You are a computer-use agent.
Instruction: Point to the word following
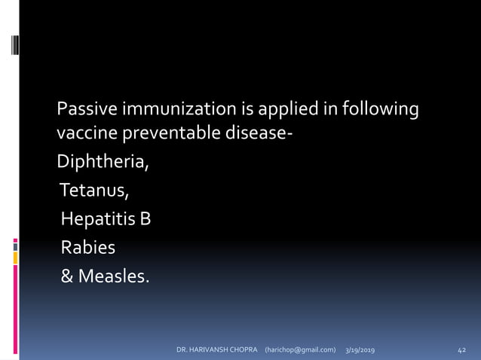pyautogui.click(x=381, y=111)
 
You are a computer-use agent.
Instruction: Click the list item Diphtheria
pyautogui.click(x=103, y=162)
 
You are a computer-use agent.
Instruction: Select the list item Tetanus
pyautogui.click(x=95, y=191)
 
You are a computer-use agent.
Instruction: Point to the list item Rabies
pyautogui.click(x=89, y=248)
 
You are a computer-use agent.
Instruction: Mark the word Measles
pyautogui.click(x=114, y=276)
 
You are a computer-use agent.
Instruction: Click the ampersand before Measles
pyautogui.click(x=67, y=276)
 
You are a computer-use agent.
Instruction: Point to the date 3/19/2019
pyautogui.click(x=362, y=350)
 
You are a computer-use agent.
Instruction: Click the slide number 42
pyautogui.click(x=462, y=350)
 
